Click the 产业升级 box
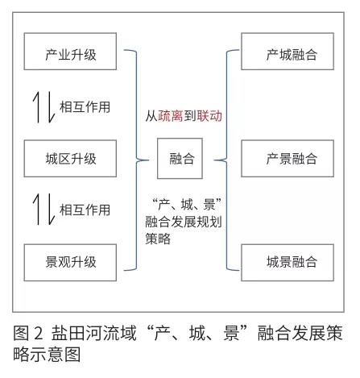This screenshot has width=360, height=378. (x=70, y=52)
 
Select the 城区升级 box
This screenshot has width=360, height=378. (x=70, y=158)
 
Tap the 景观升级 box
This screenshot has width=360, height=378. (x=70, y=263)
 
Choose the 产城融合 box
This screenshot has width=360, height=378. (x=288, y=52)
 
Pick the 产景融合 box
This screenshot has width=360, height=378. (x=288, y=158)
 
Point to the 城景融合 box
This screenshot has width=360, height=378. (x=288, y=263)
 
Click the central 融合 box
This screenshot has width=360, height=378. (x=180, y=158)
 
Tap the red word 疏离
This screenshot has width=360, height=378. (x=171, y=116)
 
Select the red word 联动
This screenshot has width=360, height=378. (x=209, y=116)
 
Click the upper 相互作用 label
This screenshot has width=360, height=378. (x=85, y=107)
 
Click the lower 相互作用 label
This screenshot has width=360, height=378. (x=85, y=210)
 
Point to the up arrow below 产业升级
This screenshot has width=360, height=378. (x=37, y=107)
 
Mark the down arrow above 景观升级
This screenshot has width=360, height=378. (x=51, y=210)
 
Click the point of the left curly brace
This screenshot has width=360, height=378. (x=148, y=160)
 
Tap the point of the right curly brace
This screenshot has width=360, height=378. (x=214, y=160)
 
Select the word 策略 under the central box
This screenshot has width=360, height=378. (x=158, y=239)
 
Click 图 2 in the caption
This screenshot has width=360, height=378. (x=28, y=333)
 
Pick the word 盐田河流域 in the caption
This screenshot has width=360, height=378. (x=94, y=333)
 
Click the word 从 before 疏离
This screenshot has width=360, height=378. (x=151, y=116)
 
